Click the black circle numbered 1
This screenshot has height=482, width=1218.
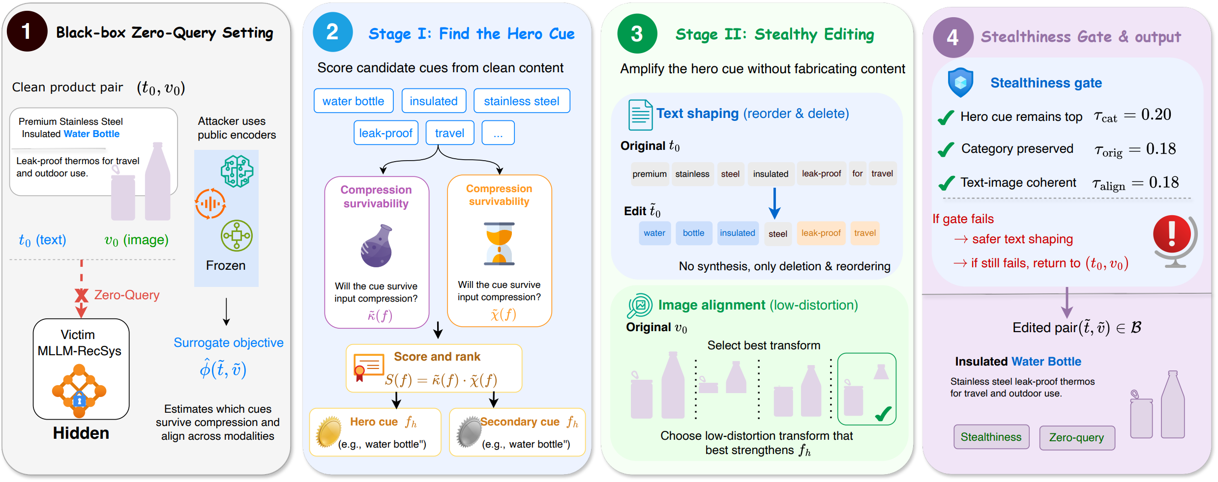[27, 31]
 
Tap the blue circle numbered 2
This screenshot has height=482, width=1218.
[332, 32]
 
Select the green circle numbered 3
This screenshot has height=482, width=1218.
[637, 33]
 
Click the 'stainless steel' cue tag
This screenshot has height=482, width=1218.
[522, 101]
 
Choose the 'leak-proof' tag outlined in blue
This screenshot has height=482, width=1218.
[386, 133]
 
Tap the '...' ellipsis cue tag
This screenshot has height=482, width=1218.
[498, 133]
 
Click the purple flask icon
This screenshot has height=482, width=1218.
[377, 246]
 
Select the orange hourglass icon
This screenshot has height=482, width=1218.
[499, 244]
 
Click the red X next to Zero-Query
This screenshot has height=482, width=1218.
[81, 295]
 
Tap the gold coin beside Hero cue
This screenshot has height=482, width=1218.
[328, 431]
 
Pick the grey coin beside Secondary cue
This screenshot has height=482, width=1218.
[468, 431]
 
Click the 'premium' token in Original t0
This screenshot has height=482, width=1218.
[650, 174]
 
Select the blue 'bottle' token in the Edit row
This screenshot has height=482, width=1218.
[693, 233]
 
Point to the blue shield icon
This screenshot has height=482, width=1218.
[960, 82]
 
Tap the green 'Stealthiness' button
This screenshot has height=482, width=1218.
[991, 437]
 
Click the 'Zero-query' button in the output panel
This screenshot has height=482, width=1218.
[1077, 437]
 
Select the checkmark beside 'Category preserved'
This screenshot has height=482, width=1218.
[946, 149]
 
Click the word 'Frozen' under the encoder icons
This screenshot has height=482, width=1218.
[226, 265]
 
